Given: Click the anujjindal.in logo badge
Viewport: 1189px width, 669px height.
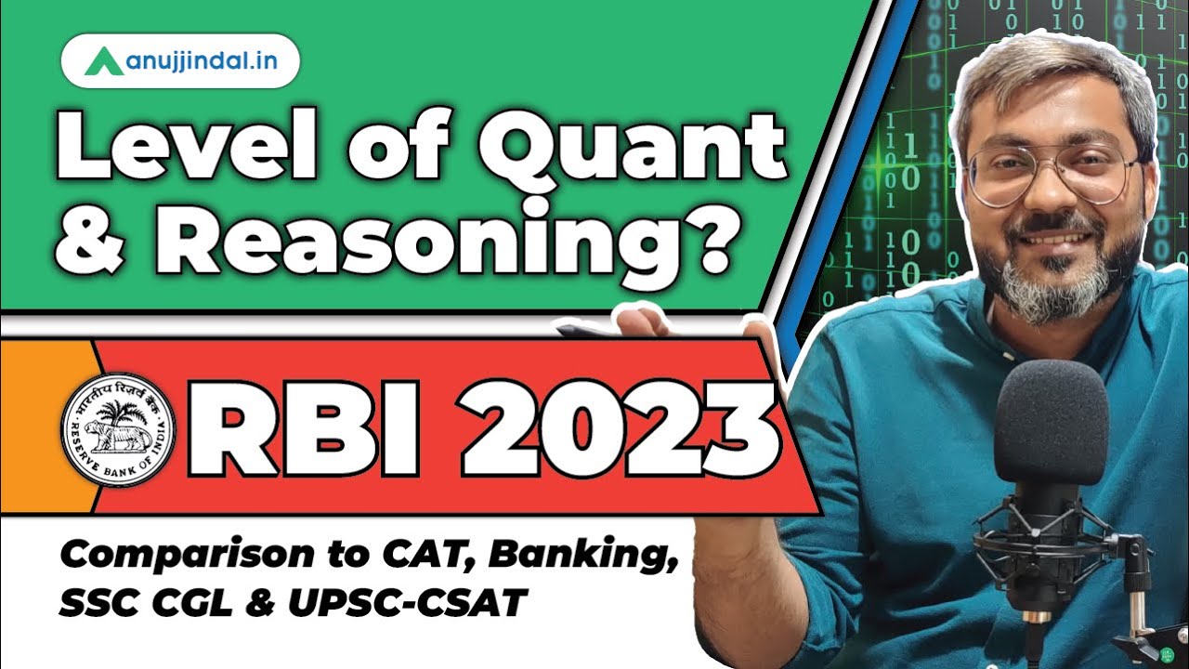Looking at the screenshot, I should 180,61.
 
